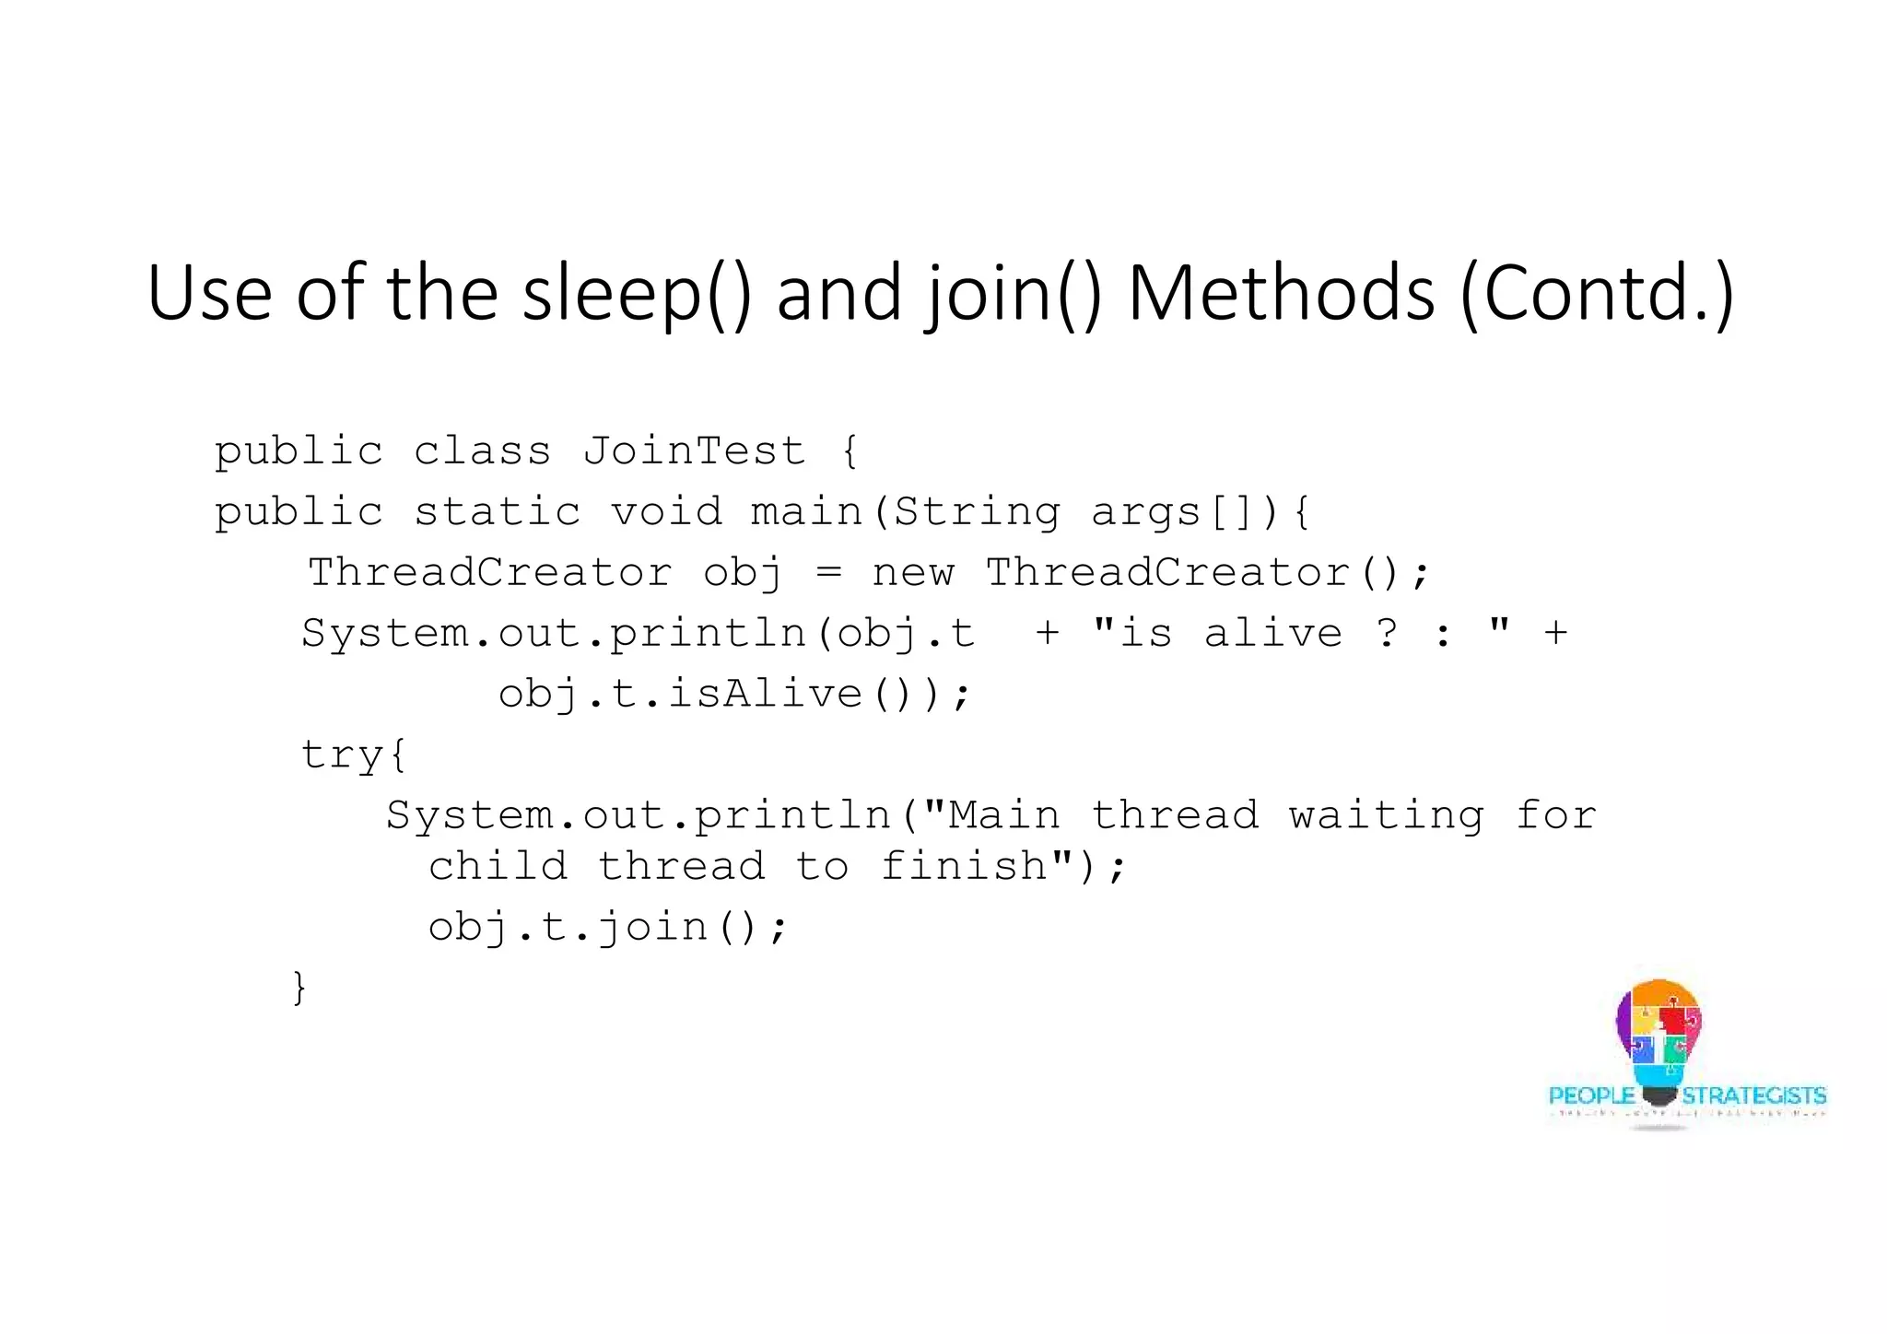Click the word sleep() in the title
point(637,293)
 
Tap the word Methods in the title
point(1282,293)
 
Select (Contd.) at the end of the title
point(1599,293)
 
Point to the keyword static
point(498,512)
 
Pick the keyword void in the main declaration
point(666,512)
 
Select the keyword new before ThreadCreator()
point(913,573)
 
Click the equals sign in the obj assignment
point(828,573)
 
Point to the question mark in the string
point(1387,634)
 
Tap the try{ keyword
point(354,755)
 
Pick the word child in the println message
point(498,867)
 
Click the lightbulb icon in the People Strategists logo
point(1658,1041)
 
